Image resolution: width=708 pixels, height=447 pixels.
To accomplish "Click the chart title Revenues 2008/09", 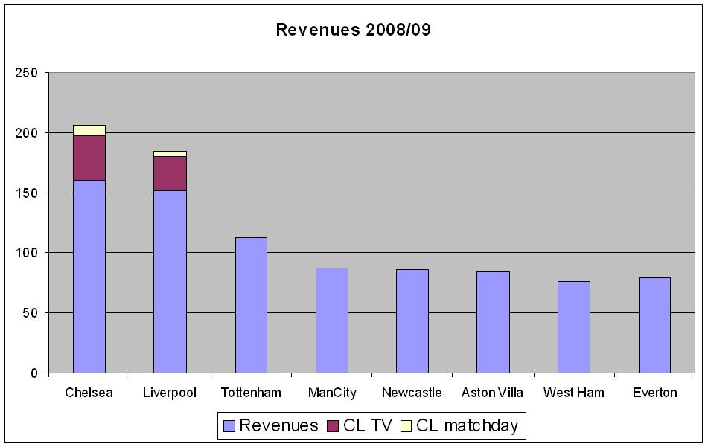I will coord(353,30).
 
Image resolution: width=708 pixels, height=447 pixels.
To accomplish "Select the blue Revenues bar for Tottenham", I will coord(251,305).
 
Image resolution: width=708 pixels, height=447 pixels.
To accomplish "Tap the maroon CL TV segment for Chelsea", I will coord(89,158).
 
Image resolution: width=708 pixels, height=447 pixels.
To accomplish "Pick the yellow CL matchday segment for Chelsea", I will coord(89,130).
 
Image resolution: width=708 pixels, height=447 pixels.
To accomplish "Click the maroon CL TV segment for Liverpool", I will coord(170,173).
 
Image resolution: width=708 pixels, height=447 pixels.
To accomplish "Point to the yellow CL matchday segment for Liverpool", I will coord(170,154).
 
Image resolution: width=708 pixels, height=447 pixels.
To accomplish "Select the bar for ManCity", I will coord(331,320).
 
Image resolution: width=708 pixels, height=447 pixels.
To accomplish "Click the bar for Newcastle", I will coord(412,321).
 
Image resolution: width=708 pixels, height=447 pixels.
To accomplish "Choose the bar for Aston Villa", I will coord(493,322).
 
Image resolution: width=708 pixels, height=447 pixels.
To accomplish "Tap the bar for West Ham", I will coord(573,327).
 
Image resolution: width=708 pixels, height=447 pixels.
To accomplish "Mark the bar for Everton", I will coord(654,325).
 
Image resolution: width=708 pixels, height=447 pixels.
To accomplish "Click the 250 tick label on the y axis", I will coord(28,73).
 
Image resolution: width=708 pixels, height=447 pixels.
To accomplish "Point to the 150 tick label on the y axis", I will coord(28,193).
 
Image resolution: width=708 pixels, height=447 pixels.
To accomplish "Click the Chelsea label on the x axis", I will coord(89,393).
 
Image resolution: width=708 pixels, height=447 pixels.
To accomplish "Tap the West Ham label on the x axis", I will coord(573,393).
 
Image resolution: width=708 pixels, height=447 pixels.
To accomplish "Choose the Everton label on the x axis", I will coord(654,393).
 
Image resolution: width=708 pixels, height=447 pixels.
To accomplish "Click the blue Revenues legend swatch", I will coord(229,426).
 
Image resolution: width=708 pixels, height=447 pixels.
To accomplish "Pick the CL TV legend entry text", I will coord(367,426).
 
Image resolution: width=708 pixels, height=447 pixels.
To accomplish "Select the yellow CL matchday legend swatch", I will coord(406,426).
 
